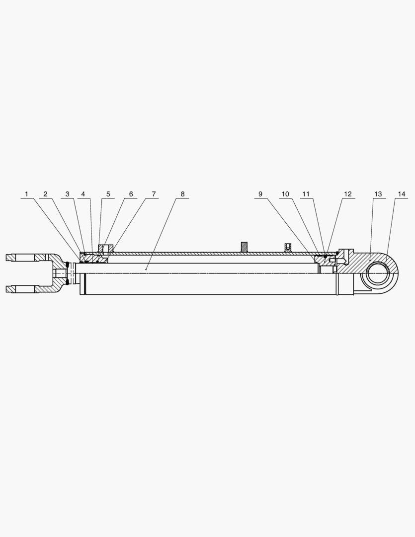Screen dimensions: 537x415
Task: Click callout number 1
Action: coord(27,194)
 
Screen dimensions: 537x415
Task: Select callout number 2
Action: coord(45,194)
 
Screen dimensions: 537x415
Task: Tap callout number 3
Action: coord(68,194)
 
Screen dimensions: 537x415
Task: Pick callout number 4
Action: coord(83,194)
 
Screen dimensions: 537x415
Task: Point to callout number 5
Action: coord(108,194)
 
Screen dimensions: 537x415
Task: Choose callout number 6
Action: coord(131,194)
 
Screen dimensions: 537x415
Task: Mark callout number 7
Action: coord(154,194)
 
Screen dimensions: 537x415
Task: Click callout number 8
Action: coord(182,194)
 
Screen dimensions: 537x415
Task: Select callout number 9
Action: coord(260,194)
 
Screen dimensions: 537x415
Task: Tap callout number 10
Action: coord(285,194)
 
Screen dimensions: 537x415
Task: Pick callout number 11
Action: coord(306,194)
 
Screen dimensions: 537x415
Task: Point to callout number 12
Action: coord(347,194)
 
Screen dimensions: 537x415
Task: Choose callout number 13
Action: coord(378,194)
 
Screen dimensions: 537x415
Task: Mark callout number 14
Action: coord(402,194)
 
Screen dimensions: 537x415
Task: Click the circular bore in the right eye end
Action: coord(379,273)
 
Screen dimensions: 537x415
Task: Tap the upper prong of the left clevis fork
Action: coord(22,258)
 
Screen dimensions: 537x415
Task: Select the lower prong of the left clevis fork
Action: coord(22,289)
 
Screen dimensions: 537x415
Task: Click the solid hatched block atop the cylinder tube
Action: coord(244,247)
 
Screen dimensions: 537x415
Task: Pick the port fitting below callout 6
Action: coord(106,248)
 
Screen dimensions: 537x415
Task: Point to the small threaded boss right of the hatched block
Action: coord(287,247)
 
